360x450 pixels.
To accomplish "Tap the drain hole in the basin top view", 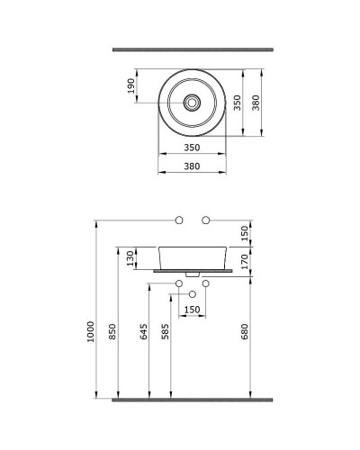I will pyautogui.click(x=192, y=103).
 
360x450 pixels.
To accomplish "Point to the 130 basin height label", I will pyautogui.click(x=131, y=257).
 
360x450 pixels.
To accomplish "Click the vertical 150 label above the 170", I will pyautogui.click(x=245, y=232).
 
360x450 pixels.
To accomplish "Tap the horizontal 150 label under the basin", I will pyautogui.click(x=192, y=310).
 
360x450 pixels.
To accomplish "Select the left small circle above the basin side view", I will pyautogui.click(x=178, y=220).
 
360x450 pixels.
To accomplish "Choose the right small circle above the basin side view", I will pyautogui.click(x=205, y=220).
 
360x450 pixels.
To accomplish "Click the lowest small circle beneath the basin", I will pyautogui.click(x=192, y=293).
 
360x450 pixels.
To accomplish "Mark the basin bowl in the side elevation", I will pyautogui.click(x=192, y=256).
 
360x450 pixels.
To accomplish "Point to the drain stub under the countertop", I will pyautogui.click(x=192, y=273).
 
